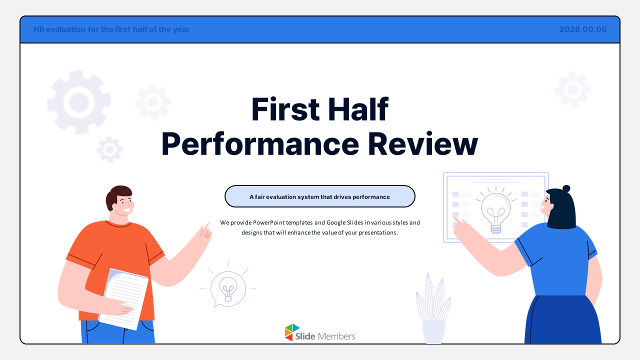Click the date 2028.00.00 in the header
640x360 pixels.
583,29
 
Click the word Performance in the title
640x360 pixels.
260,144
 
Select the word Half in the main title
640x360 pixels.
358,109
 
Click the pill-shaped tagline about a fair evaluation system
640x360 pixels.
319,196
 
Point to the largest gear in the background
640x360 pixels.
79,102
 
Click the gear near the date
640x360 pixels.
573,89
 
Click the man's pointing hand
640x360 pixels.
205,231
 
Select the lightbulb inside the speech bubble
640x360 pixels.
228,289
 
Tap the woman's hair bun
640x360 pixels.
566,188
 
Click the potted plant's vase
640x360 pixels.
433,331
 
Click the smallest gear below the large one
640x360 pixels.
109,149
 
